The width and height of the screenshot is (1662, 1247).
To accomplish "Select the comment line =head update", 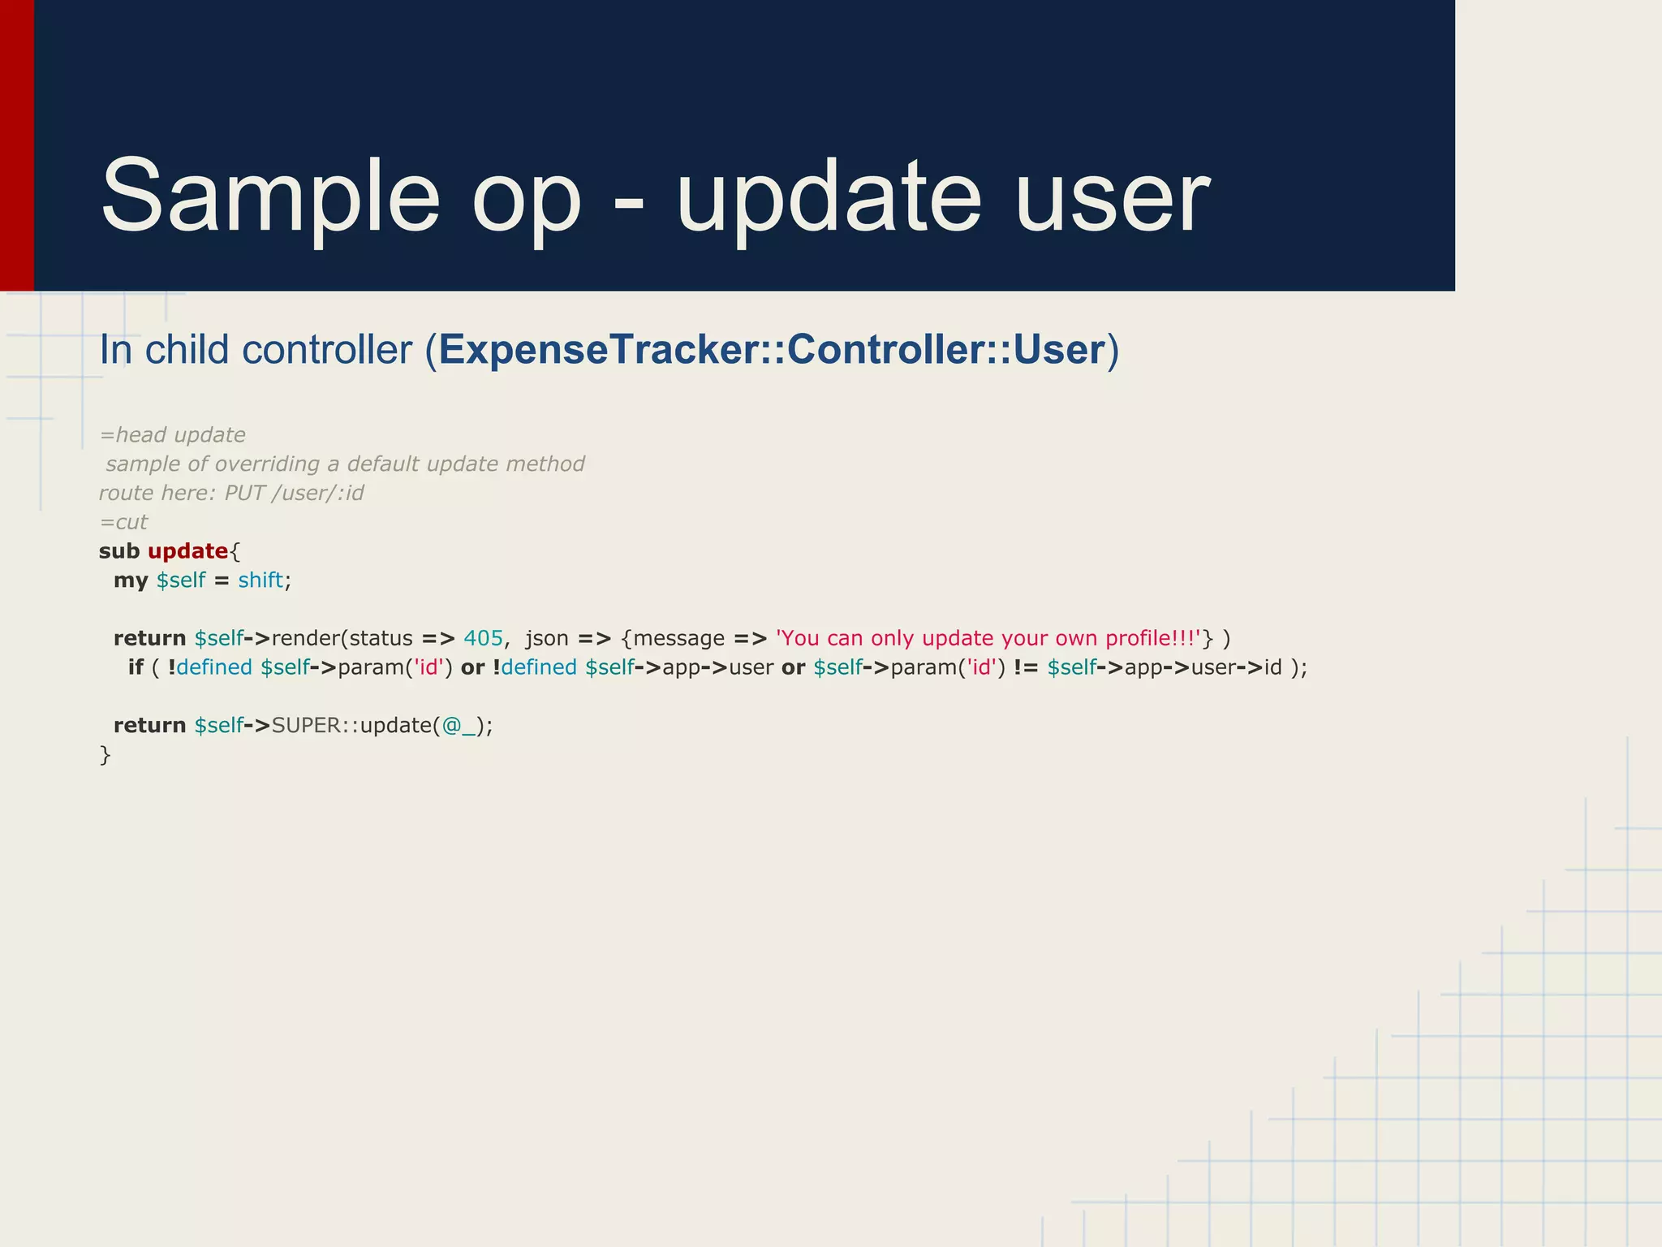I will point(172,435).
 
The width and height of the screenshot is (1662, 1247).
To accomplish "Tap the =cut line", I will point(123,523).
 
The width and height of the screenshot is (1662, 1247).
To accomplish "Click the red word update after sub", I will point(187,551).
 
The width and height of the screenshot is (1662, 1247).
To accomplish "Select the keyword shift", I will point(260,580).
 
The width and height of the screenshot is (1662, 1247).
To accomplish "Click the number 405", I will point(484,639).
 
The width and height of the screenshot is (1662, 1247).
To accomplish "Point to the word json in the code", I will point(546,639).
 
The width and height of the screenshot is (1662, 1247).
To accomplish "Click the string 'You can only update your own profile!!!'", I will point(988,639).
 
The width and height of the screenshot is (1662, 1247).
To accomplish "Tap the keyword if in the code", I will point(136,667).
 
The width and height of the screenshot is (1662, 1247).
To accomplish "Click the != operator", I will point(1026,667).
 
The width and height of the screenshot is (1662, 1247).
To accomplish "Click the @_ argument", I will point(459,726).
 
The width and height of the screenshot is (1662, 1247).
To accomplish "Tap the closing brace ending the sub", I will point(105,755).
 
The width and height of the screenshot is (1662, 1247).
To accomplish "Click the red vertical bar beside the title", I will point(16,146).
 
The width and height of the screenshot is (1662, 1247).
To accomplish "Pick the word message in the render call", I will point(678,639).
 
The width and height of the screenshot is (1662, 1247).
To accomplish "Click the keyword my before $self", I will point(131,580).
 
